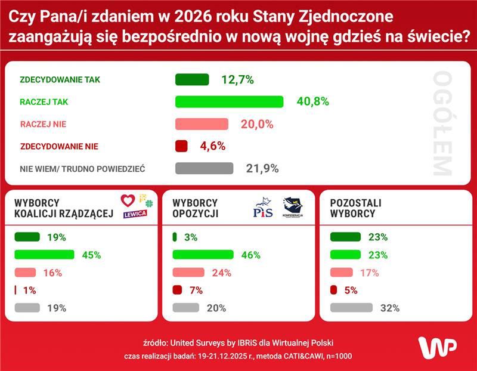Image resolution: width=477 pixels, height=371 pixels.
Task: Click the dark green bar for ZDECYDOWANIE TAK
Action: pyautogui.click(x=192, y=80)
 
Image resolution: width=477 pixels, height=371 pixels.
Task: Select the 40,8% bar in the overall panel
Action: pyautogui.click(x=229, y=102)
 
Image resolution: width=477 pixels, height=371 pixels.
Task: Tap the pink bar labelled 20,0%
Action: pyautogui.click(x=202, y=124)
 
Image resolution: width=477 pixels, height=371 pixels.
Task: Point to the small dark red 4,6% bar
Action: pyautogui.click(x=181, y=146)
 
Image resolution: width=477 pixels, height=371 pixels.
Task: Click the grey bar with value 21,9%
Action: pyautogui.click(x=204, y=168)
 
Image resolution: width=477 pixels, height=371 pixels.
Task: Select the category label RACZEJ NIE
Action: pyautogui.click(x=43, y=124)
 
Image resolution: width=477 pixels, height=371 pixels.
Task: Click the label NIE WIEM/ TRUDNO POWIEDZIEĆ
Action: pyautogui.click(x=83, y=169)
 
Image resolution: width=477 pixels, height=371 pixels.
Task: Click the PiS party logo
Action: pyautogui.click(x=263, y=208)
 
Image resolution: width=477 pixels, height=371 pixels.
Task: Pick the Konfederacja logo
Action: pyautogui.click(x=293, y=208)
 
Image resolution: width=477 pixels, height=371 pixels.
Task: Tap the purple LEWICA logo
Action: pyautogui.click(x=135, y=215)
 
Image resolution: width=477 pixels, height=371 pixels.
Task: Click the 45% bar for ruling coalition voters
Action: pyautogui.click(x=44, y=255)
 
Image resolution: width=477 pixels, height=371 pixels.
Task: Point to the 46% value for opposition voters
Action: pyautogui.click(x=251, y=255)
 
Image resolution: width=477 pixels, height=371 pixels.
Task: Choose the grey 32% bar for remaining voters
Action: pyautogui.click(x=351, y=308)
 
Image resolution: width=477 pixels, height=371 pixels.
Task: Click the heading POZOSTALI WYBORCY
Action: pyautogui.click(x=355, y=208)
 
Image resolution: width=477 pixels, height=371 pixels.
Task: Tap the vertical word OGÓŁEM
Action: pyautogui.click(x=442, y=124)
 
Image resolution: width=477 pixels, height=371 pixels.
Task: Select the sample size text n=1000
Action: pyautogui.click(x=336, y=356)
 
